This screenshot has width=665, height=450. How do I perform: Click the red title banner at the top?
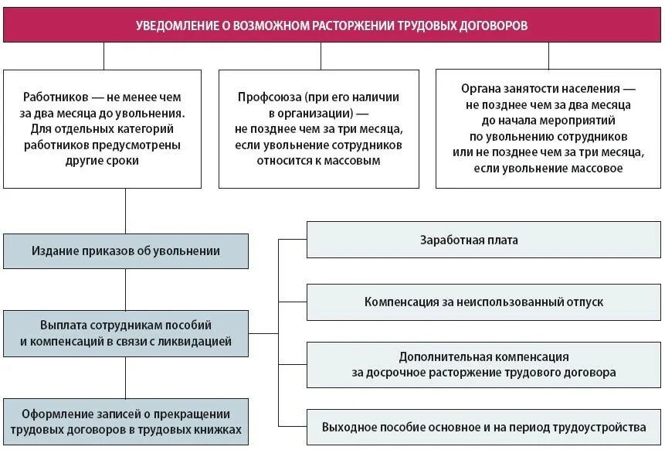332,26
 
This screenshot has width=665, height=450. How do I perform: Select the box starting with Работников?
103,128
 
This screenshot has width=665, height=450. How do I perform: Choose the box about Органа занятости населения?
548,128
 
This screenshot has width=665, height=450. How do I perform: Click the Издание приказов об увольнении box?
126,251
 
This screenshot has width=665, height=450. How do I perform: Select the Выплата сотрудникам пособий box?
126,332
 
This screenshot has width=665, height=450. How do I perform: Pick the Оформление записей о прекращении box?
126,421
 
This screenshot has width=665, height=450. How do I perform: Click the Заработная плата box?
484,240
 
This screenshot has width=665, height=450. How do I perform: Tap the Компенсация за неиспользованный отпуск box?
484,302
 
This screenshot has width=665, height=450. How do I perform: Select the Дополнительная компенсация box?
484,364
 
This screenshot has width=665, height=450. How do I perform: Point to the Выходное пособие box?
484,426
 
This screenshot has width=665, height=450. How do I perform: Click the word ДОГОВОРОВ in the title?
491,26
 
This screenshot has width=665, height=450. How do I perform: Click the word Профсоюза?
270,97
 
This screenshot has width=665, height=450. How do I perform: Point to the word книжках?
216,429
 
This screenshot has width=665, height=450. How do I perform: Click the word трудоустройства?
602,427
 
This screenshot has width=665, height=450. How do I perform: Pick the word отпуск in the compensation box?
584,302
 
